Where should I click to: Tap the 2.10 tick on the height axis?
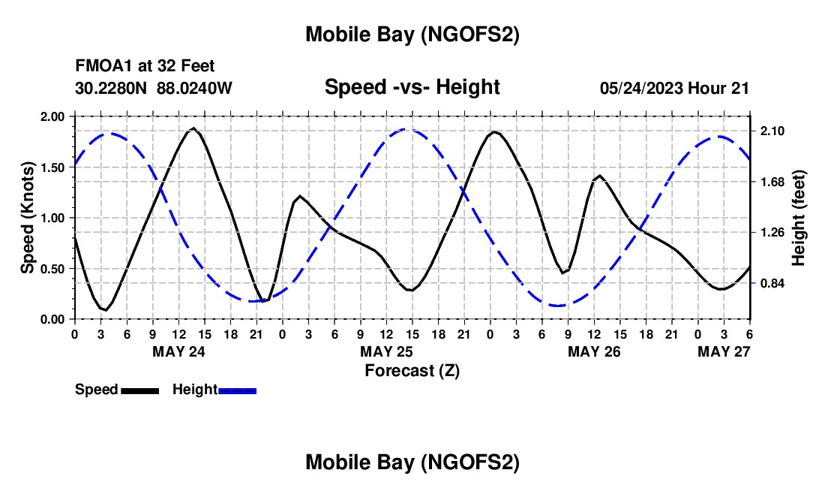(x=772, y=131)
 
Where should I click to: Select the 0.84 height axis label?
(x=772, y=283)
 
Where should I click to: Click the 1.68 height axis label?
(x=772, y=182)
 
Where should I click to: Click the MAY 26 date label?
(x=594, y=351)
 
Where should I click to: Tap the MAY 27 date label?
(x=724, y=351)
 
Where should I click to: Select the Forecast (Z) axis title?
(x=412, y=370)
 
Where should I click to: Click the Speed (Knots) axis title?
(x=27, y=218)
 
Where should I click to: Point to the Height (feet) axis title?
(x=798, y=218)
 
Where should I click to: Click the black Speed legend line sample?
(x=139, y=390)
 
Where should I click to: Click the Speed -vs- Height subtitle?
(x=412, y=87)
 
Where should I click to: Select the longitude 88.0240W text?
(x=195, y=88)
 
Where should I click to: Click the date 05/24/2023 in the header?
(x=641, y=88)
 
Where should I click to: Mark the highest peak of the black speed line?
(x=193, y=128)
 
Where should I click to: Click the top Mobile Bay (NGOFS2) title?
(x=412, y=35)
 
